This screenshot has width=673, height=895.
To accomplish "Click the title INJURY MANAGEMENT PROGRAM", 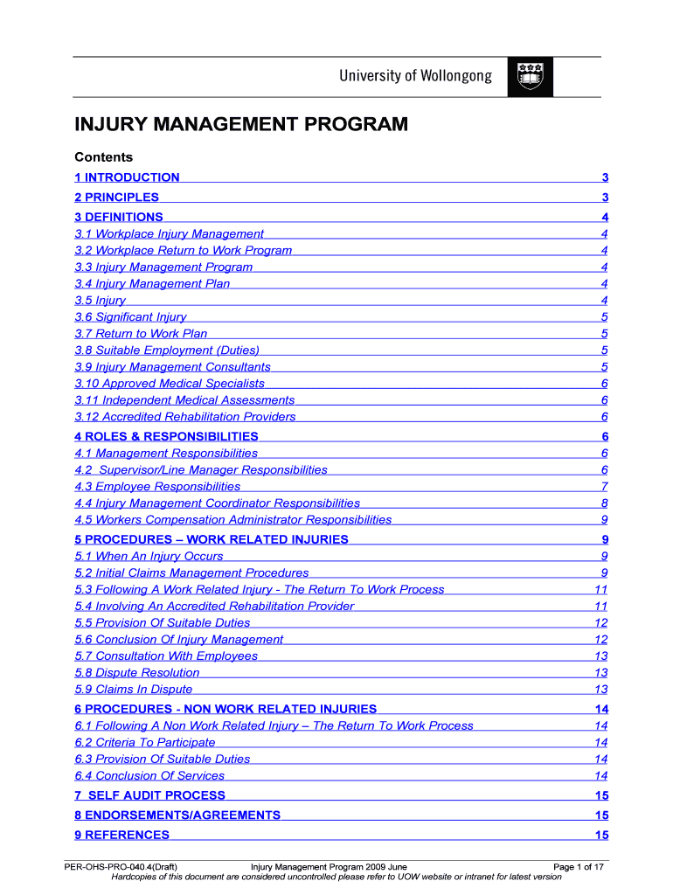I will tap(240, 125).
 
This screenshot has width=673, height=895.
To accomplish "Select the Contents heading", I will tap(103, 157).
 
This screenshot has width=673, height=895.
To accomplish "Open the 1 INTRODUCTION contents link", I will tap(127, 177).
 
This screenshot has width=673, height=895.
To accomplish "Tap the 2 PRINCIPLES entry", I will tap(117, 198).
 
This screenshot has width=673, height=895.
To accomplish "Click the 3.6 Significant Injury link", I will tap(130, 317).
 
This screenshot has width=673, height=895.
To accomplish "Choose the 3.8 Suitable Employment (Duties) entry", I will tap(166, 350).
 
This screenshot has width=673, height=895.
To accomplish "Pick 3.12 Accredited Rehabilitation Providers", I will tap(185, 417).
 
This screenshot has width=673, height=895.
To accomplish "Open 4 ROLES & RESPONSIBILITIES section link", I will tap(166, 436).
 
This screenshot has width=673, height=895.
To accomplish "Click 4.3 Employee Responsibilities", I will tap(157, 487).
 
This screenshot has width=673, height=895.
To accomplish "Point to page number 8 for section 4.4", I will tap(604, 503).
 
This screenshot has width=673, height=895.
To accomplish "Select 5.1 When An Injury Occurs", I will tap(149, 556).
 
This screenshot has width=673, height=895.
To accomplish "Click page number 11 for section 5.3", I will tap(600, 589).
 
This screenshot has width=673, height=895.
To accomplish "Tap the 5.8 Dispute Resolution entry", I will tap(137, 673).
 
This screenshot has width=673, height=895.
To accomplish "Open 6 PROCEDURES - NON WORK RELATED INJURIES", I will tap(225, 709).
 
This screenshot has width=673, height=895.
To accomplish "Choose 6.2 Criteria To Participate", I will tap(145, 742).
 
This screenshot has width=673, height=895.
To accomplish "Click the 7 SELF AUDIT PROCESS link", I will tap(150, 795).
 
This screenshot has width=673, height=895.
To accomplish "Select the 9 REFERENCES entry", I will tap(122, 835).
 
